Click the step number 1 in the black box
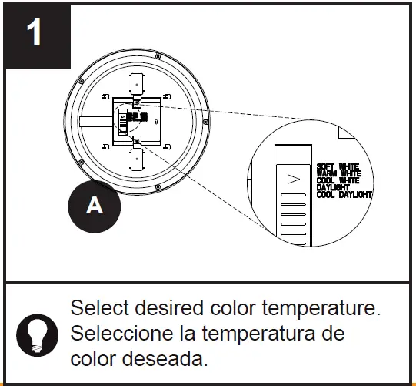pos(35,35)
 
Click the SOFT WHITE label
pos(338,166)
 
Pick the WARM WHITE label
pos(339,173)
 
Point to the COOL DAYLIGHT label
pos(344,195)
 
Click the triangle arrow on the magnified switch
pos(291,179)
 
